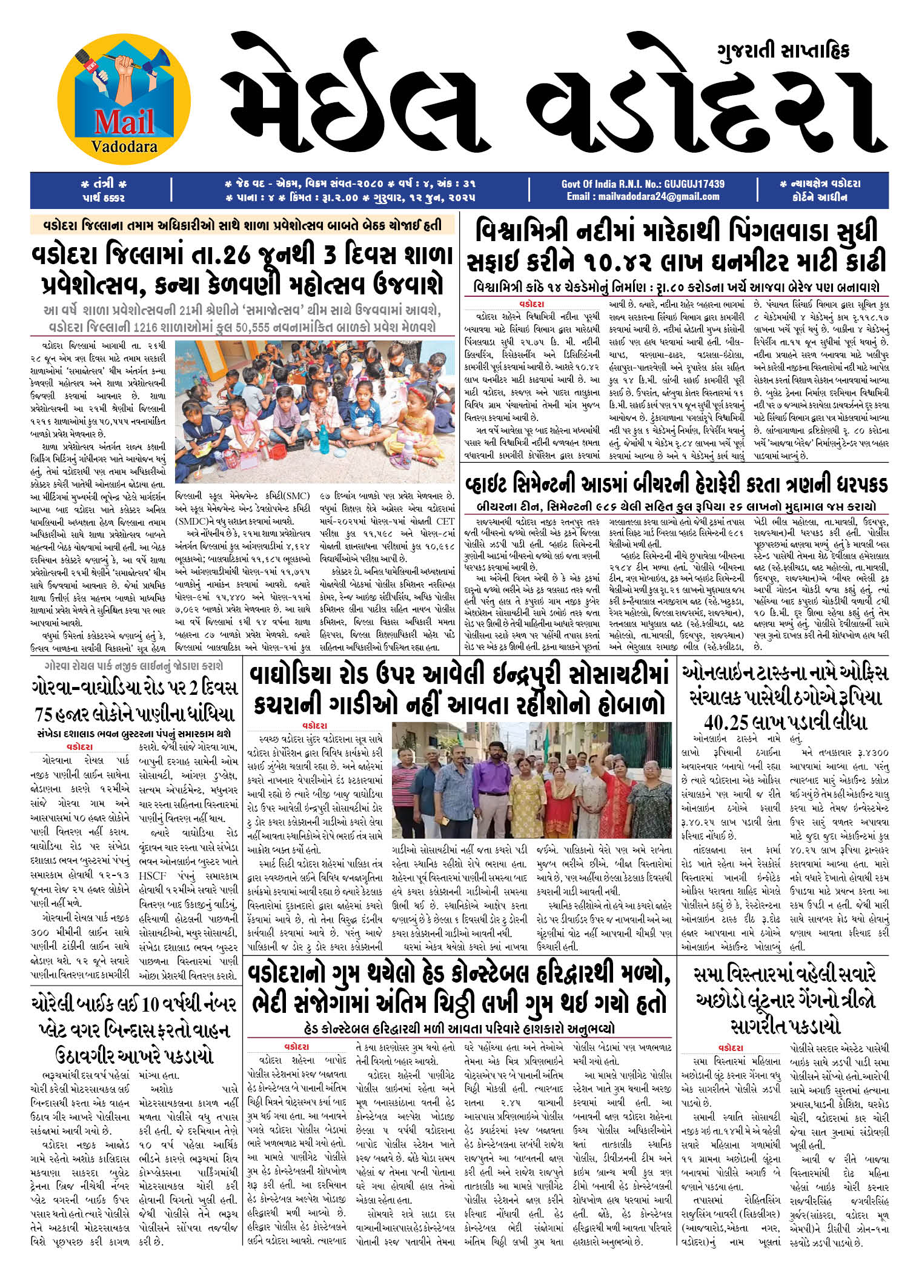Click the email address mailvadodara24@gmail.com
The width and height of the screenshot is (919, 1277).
point(643,197)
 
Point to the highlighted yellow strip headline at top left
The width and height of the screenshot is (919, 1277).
point(242,225)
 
